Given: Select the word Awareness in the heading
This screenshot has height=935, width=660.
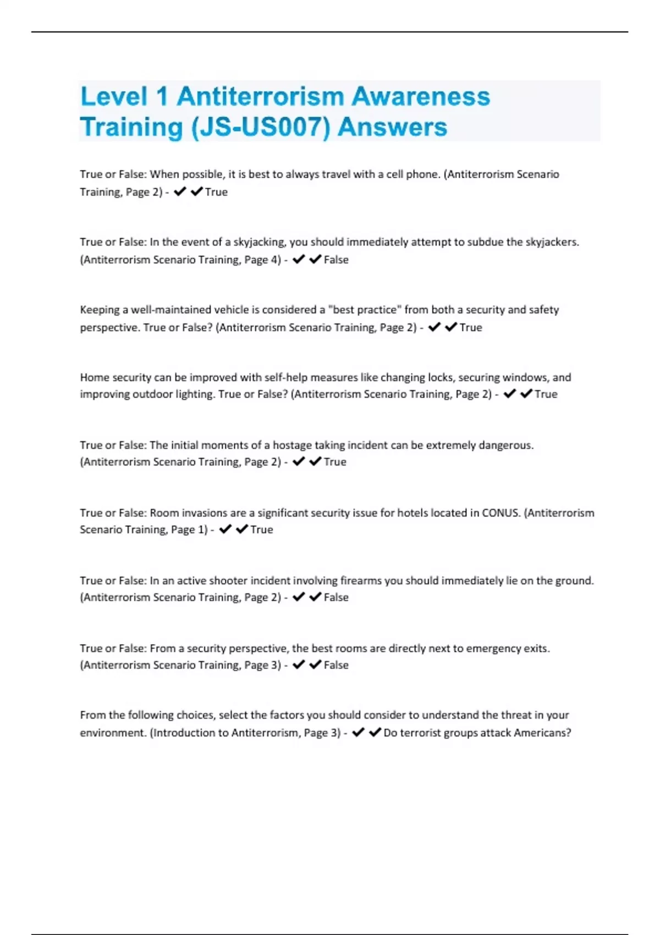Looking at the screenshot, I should (421, 97).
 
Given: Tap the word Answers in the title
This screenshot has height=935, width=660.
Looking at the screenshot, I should (392, 127).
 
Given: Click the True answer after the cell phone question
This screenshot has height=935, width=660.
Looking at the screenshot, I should (216, 192).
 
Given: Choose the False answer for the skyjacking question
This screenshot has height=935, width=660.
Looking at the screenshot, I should (336, 260).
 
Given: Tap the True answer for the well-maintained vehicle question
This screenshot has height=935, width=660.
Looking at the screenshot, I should (471, 327).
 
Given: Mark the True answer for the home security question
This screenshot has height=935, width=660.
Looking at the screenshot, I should (546, 394).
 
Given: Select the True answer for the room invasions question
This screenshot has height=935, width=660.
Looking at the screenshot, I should (262, 530).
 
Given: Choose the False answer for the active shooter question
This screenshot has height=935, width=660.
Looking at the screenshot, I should (336, 597).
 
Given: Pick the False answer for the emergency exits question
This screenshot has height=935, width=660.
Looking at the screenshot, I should (336, 665).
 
